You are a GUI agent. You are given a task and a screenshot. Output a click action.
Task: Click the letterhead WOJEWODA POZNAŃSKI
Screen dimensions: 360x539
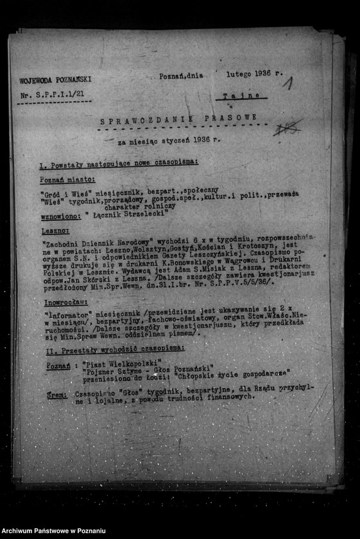click(x=55, y=80)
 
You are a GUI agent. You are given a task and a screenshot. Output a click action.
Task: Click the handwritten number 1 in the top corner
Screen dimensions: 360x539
click(x=288, y=83)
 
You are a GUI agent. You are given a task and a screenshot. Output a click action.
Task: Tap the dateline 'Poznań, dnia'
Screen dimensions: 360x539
click(x=182, y=75)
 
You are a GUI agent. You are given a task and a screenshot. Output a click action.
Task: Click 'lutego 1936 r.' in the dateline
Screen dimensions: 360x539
click(x=254, y=74)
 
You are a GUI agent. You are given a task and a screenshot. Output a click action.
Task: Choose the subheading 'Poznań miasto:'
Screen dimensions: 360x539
click(x=67, y=180)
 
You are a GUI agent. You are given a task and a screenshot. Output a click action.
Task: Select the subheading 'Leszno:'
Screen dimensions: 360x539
click(x=56, y=228)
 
